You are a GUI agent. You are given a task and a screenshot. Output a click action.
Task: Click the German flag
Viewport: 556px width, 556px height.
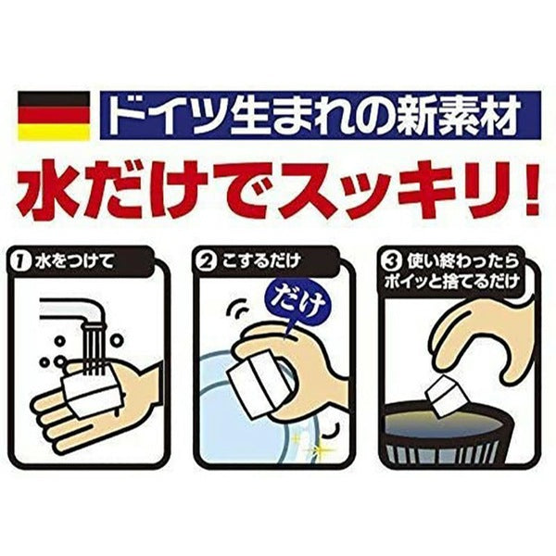tap(54, 116)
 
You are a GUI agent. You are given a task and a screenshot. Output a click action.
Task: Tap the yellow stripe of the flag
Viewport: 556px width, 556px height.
tap(54, 132)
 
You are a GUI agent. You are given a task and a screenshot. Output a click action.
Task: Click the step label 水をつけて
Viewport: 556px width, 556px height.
tap(74, 262)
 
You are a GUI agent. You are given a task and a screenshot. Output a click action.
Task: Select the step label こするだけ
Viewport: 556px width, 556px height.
tap(260, 262)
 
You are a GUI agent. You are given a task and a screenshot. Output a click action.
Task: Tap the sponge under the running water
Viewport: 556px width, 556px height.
tap(91, 395)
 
